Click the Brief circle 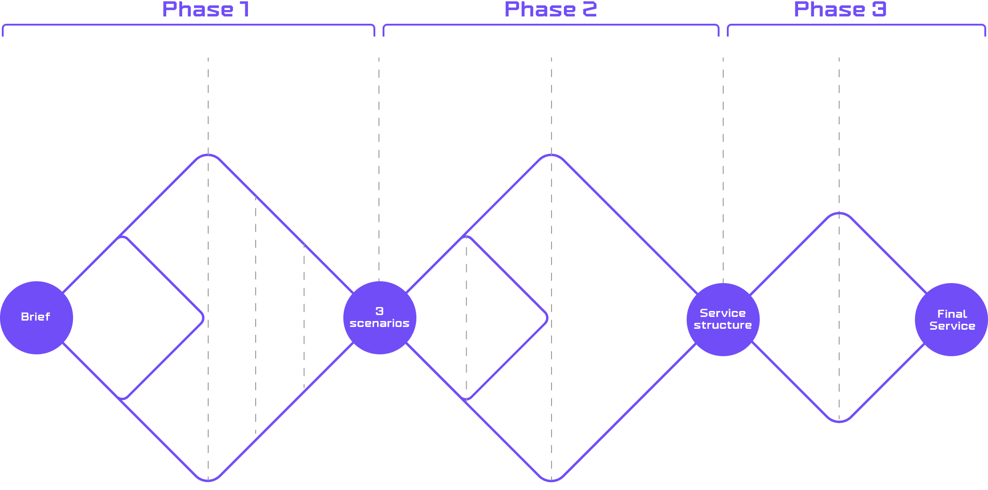tap(36, 317)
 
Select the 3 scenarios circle tap(379, 317)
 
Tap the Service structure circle tap(723, 319)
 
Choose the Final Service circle tap(952, 320)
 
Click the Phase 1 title tap(206, 10)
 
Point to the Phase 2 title tap(551, 10)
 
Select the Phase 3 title tap(840, 10)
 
